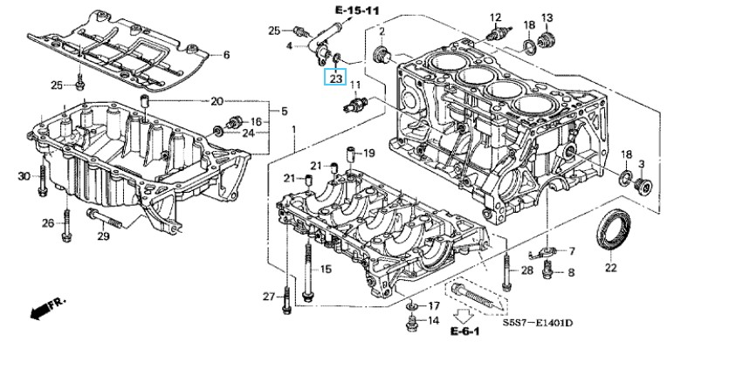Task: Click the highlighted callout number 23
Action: [x=335, y=79]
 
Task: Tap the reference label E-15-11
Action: [x=356, y=10]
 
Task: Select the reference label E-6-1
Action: [x=464, y=331]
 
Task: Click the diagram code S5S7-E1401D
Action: [x=537, y=322]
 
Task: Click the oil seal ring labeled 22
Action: [x=614, y=229]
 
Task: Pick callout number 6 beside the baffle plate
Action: [x=226, y=55]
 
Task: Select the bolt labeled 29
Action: [x=104, y=218]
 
